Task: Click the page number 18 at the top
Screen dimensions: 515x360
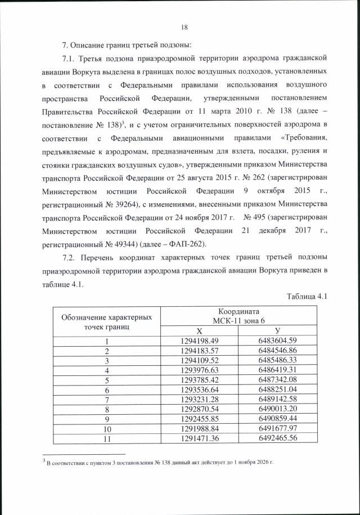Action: [184, 27]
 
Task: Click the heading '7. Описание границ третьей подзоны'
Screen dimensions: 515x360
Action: [127, 44]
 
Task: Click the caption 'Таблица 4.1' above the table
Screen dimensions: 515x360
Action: [307, 297]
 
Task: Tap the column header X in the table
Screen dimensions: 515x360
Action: [200, 330]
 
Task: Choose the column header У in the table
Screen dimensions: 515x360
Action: [277, 330]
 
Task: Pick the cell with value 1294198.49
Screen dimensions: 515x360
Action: [200, 341]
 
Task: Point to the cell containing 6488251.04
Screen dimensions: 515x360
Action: [277, 389]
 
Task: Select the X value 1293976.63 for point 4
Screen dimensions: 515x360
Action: [200, 370]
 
